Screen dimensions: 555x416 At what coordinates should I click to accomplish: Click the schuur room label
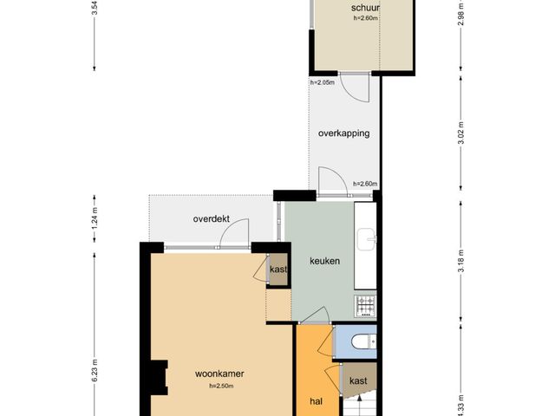(365, 8)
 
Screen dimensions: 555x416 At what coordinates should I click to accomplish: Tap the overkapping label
(343, 133)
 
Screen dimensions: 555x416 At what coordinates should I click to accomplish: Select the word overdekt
(212, 218)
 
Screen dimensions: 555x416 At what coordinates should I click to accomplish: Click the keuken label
(324, 261)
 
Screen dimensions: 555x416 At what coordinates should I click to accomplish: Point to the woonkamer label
(219, 374)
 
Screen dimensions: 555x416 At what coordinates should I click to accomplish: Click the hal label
(316, 401)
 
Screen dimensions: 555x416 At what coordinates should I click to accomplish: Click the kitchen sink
(366, 239)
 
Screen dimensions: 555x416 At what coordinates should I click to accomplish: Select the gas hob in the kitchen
(365, 306)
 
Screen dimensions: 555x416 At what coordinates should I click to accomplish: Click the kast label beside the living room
(278, 270)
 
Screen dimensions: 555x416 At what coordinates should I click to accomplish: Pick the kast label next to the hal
(358, 381)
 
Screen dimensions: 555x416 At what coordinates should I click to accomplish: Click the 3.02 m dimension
(460, 133)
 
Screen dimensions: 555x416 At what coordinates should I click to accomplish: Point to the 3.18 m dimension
(460, 261)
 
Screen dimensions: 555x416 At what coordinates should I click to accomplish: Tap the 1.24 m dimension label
(95, 218)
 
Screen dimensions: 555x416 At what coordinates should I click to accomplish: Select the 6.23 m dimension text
(95, 370)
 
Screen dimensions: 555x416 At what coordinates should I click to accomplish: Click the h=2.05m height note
(322, 82)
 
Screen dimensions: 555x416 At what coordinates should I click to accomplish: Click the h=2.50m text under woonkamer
(221, 386)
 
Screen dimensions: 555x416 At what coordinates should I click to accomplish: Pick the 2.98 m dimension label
(460, 14)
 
